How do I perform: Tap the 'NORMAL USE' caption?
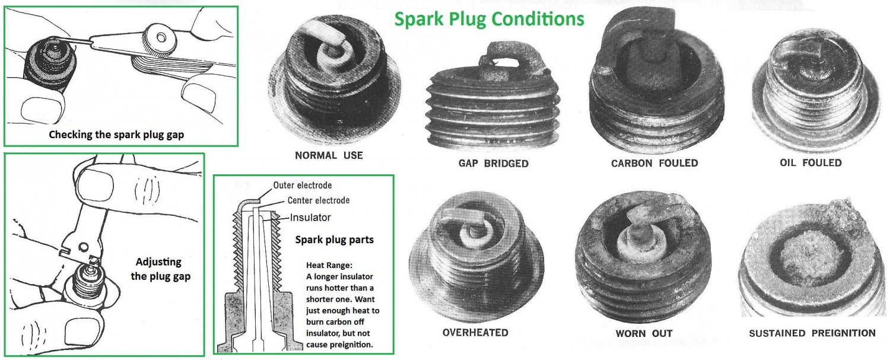pos(329,155)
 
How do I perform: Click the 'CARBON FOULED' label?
pos(654,163)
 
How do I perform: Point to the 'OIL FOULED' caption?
pos(810,162)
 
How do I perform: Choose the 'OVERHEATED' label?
pos(475,332)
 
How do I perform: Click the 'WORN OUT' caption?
pos(644,333)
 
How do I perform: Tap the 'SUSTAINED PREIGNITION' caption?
pos(812,333)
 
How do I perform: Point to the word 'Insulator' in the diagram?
pos(310,217)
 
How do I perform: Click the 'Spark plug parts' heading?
pos(334,240)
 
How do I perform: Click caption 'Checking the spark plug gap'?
pos(116,134)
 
